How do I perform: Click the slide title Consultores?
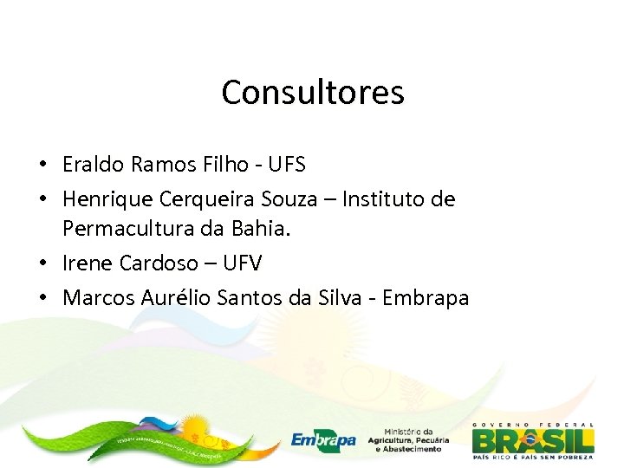(x=312, y=92)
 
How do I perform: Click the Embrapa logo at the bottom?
(x=322, y=440)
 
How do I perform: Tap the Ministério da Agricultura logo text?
(x=408, y=440)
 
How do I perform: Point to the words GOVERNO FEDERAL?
(x=533, y=424)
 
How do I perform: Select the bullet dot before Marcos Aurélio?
(x=42, y=299)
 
